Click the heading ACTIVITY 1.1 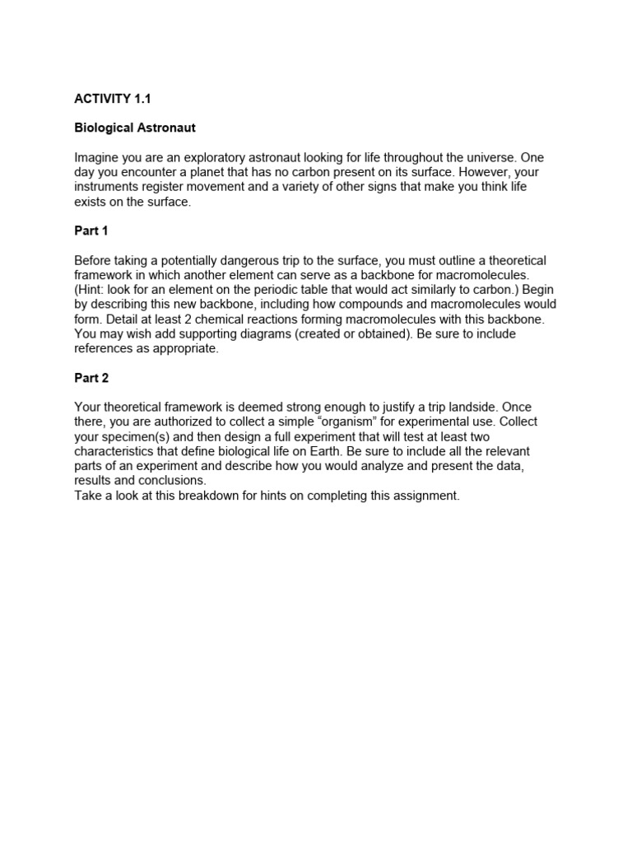pyautogui.click(x=113, y=99)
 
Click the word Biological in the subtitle pyautogui.click(x=104, y=128)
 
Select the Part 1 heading pyautogui.click(x=91, y=231)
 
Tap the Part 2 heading pyautogui.click(x=91, y=378)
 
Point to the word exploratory pyautogui.click(x=195, y=157)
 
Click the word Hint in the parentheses pyautogui.click(x=92, y=290)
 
